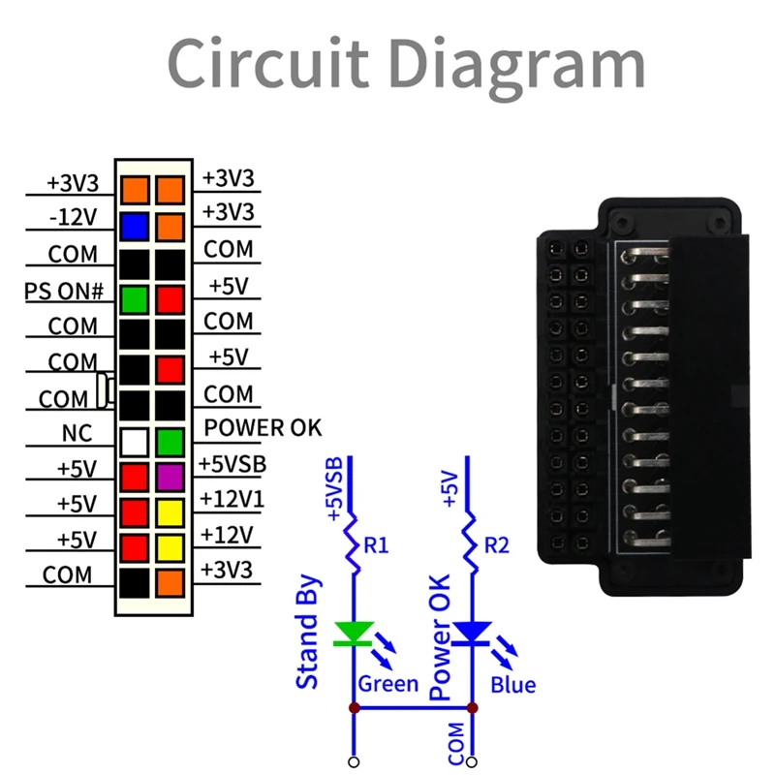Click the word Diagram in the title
tap(519, 64)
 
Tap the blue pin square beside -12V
tap(135, 226)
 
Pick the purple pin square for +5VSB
tap(170, 477)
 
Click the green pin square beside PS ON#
tap(135, 297)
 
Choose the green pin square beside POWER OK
tap(170, 442)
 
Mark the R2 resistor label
tap(496, 546)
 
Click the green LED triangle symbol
tap(353, 634)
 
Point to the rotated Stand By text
tap(308, 632)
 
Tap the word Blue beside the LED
tap(512, 686)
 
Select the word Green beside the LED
tap(388, 684)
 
